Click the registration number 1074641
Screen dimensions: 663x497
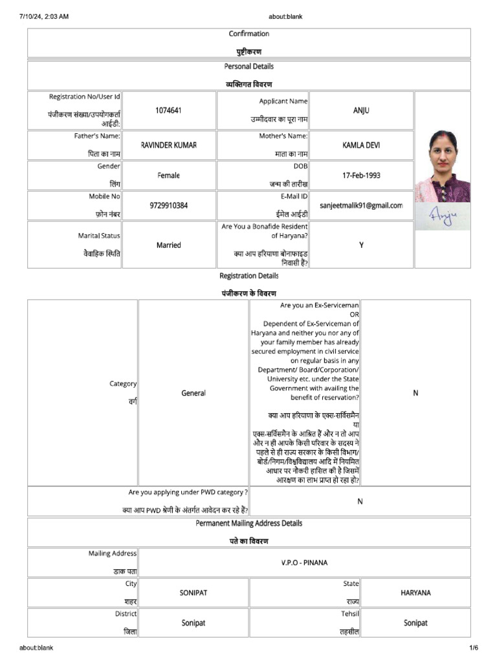click(x=168, y=111)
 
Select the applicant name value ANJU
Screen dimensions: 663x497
click(x=361, y=111)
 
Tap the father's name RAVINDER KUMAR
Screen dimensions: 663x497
click(x=168, y=146)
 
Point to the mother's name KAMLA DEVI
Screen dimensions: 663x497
click(x=361, y=146)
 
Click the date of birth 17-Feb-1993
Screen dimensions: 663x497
click(x=361, y=175)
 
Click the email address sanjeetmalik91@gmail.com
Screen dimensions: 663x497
click(x=361, y=205)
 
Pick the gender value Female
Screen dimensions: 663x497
click(x=168, y=175)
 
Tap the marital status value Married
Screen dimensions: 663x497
click(x=168, y=245)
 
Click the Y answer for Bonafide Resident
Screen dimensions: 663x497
click(x=361, y=245)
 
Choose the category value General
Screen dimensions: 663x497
click(x=193, y=393)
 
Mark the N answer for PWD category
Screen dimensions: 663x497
click(x=360, y=501)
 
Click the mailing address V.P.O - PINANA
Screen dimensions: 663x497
click(x=304, y=563)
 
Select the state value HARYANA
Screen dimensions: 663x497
click(x=415, y=592)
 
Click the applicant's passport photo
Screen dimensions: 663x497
click(x=443, y=166)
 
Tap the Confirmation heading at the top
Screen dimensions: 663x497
click(x=248, y=34)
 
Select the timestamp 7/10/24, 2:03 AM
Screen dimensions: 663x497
click(x=44, y=16)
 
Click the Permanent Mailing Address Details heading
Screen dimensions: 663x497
click(x=248, y=523)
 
